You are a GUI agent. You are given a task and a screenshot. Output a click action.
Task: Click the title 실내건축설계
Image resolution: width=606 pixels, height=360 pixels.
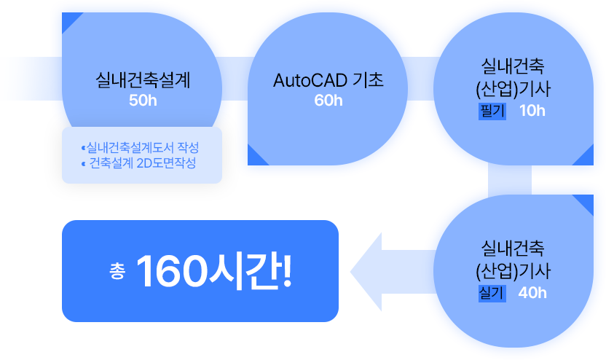point(143,79)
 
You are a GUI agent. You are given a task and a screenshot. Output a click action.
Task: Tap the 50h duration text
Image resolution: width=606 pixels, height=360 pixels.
point(143,101)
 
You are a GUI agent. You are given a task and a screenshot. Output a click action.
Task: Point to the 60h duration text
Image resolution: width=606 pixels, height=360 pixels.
point(328,101)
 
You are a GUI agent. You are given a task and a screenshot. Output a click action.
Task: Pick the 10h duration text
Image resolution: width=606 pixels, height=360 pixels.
point(532,111)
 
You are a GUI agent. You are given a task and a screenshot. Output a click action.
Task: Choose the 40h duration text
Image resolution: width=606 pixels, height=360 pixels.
point(532,293)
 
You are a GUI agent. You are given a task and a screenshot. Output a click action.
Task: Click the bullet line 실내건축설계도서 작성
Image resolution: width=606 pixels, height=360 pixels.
point(142,148)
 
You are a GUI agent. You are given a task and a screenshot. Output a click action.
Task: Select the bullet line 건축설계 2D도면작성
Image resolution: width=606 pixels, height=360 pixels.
point(142,163)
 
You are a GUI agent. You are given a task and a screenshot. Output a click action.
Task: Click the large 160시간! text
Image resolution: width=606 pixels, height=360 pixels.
point(214,271)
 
